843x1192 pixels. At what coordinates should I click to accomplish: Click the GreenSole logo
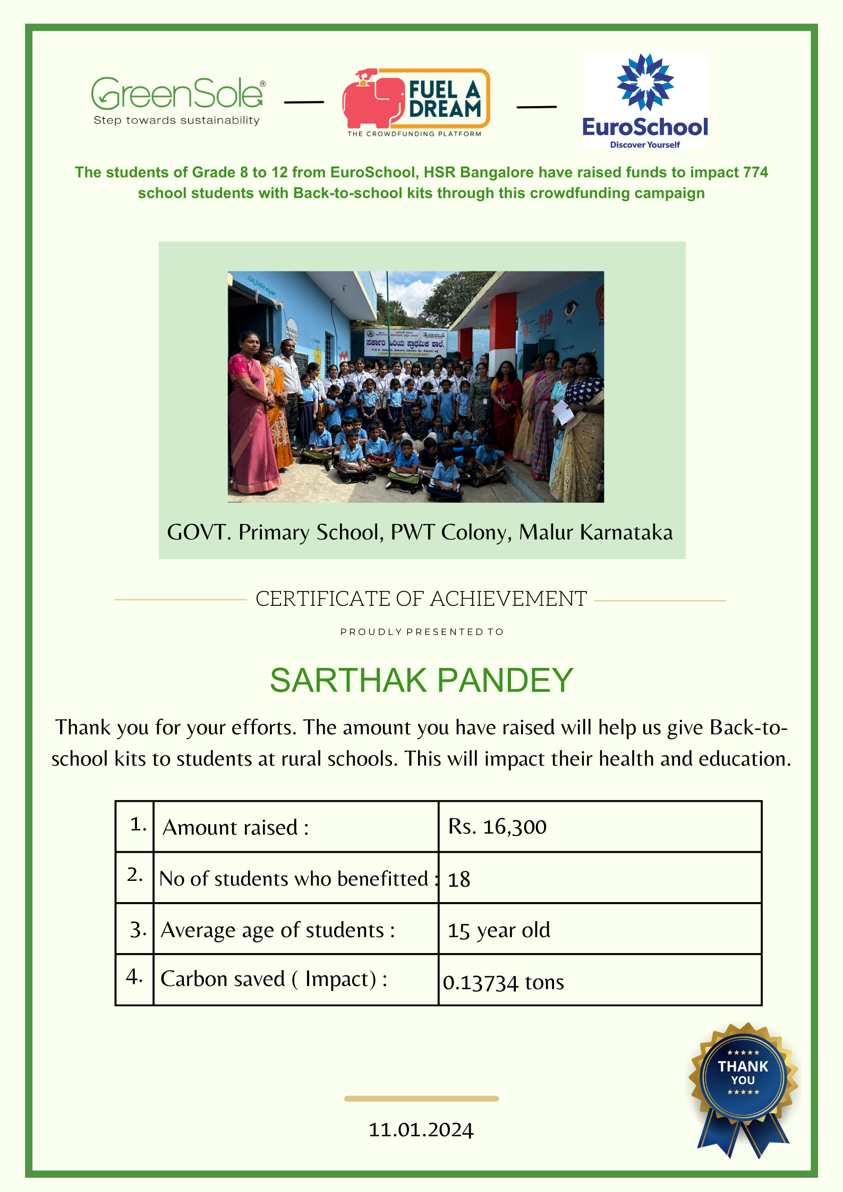click(177, 93)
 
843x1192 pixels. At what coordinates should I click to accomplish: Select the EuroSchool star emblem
click(645, 82)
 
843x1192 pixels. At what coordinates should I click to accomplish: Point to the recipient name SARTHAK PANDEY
click(421, 681)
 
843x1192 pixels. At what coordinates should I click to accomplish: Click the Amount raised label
click(235, 828)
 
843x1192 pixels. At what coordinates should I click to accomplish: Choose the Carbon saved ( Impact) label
click(274, 979)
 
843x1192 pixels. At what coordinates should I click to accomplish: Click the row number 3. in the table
click(138, 930)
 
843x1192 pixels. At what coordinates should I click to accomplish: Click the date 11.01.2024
click(421, 1130)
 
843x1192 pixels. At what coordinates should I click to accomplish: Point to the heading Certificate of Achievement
click(421, 599)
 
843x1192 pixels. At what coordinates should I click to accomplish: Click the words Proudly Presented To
click(422, 632)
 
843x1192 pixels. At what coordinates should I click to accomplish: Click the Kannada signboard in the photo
click(405, 342)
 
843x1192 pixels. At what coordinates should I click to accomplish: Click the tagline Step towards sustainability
click(176, 121)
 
